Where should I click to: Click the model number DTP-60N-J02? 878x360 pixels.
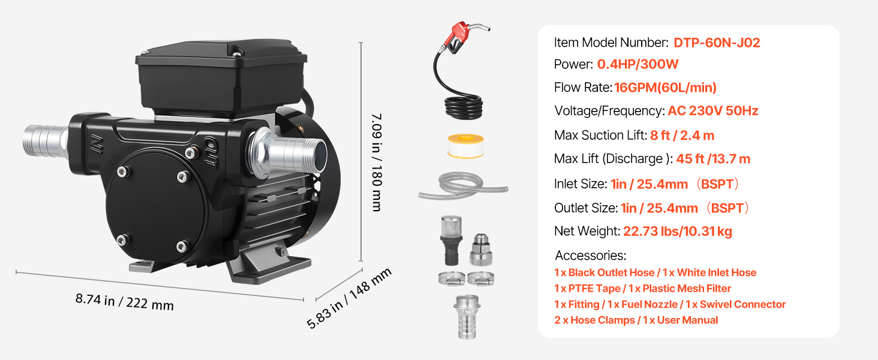coord(717,43)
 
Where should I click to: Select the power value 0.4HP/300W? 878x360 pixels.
coord(638,65)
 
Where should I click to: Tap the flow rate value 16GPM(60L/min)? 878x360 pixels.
coord(665,88)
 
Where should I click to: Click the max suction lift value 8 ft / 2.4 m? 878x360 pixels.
coord(682,136)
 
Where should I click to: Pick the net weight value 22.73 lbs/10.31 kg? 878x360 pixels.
coord(678,231)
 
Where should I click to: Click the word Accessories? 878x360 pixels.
coord(590,256)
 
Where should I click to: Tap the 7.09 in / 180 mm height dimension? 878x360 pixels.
coord(376,161)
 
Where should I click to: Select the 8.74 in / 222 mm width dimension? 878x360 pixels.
coord(124,301)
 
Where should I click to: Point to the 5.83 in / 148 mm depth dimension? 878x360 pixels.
coord(349,298)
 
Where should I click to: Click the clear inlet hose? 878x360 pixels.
coord(462,185)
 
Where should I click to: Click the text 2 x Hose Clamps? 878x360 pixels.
coord(594,320)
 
